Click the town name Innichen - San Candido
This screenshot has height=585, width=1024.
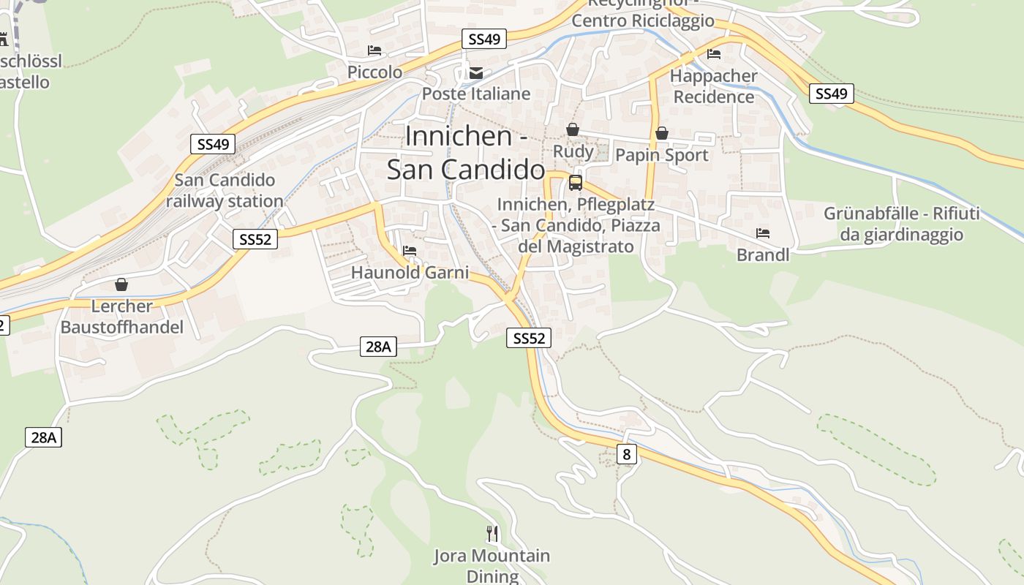pyautogui.click(x=466, y=153)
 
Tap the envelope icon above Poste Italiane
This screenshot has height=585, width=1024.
pyautogui.click(x=476, y=72)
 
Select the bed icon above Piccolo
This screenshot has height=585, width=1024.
pyautogui.click(x=374, y=50)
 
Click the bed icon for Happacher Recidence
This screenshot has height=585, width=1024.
pyautogui.click(x=714, y=54)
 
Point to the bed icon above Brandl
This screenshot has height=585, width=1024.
pyautogui.click(x=763, y=233)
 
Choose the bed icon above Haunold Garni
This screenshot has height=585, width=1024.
pyautogui.click(x=410, y=251)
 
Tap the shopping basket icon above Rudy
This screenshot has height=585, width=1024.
pyautogui.click(x=572, y=129)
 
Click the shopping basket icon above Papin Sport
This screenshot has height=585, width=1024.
pyautogui.click(x=661, y=133)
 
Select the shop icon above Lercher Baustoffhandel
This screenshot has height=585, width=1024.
pyautogui.click(x=121, y=284)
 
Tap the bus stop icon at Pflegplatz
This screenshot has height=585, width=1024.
pyautogui.click(x=576, y=182)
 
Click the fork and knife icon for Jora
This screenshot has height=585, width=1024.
pyautogui.click(x=492, y=534)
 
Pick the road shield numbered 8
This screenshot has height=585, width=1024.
pyautogui.click(x=626, y=454)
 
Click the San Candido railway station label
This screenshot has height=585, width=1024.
pyautogui.click(x=225, y=190)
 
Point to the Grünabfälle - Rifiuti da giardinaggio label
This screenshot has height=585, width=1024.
pyautogui.click(x=901, y=224)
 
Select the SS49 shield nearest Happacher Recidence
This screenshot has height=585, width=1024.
pyautogui.click(x=832, y=93)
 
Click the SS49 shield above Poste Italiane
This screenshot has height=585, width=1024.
pyautogui.click(x=484, y=39)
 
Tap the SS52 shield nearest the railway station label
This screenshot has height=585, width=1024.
pyautogui.click(x=255, y=238)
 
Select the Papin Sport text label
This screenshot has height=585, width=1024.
pyautogui.click(x=662, y=155)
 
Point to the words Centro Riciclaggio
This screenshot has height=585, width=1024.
pyautogui.click(x=643, y=20)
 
